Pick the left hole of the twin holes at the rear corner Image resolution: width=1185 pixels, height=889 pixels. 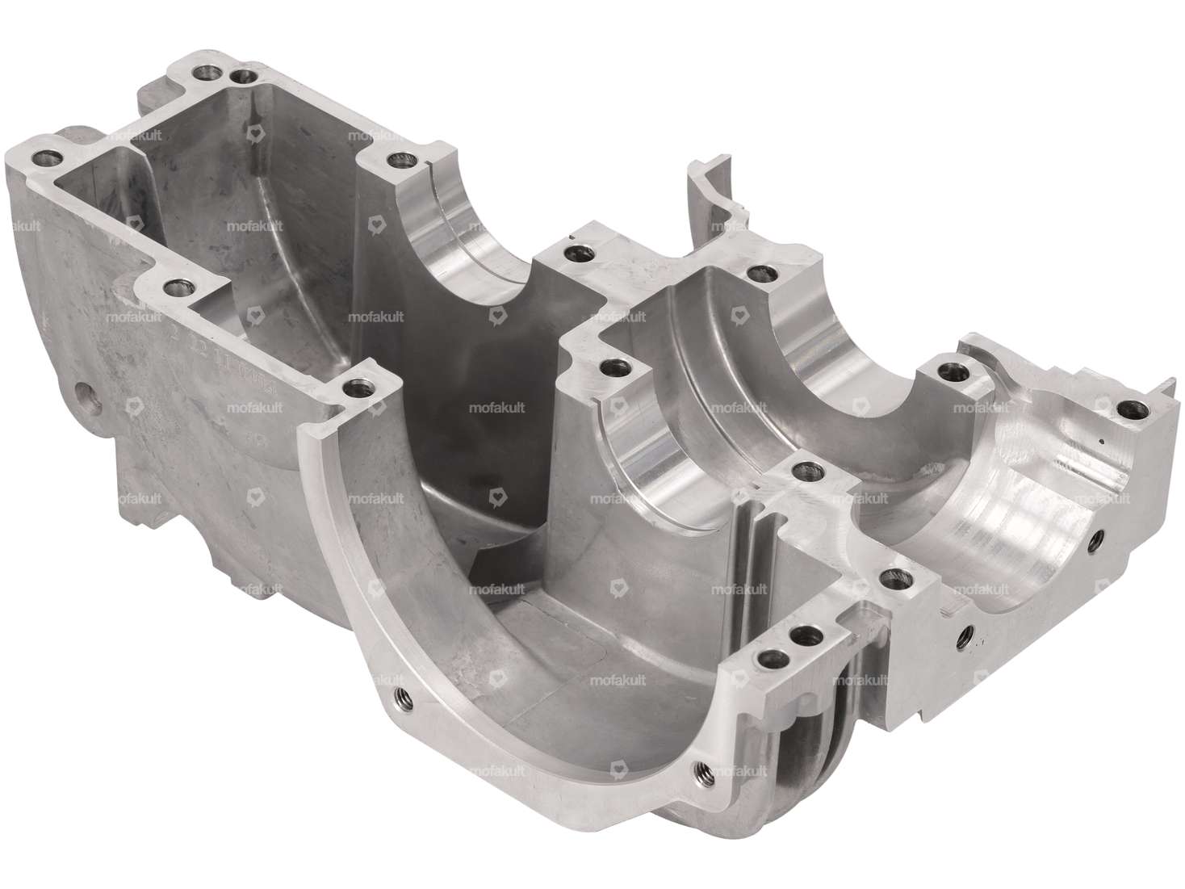[x=203, y=73]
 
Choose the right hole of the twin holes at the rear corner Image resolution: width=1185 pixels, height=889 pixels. [x=240, y=77]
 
